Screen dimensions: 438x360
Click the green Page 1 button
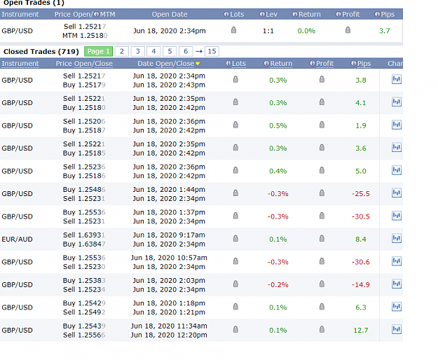(98, 51)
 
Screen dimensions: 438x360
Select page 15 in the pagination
(212, 51)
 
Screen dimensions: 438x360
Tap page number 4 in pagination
(153, 51)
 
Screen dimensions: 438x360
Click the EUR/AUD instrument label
(17, 239)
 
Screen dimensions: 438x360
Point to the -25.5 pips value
(361, 194)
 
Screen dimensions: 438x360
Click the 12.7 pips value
(361, 330)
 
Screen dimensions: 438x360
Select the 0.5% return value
(278, 125)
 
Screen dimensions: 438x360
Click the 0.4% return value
(278, 171)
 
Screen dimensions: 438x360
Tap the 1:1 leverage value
(268, 31)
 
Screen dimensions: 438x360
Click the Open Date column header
(170, 14)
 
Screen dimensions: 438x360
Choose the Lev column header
(268, 14)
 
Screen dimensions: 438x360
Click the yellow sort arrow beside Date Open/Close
(198, 64)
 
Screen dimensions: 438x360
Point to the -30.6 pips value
(361, 262)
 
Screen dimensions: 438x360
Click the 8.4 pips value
(361, 239)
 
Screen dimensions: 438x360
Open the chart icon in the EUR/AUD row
(397, 238)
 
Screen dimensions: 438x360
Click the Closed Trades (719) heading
(41, 52)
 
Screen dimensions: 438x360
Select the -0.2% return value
(278, 284)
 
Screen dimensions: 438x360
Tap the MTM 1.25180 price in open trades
(85, 36)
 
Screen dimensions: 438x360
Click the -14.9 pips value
(361, 284)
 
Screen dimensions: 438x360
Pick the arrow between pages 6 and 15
(198, 51)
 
